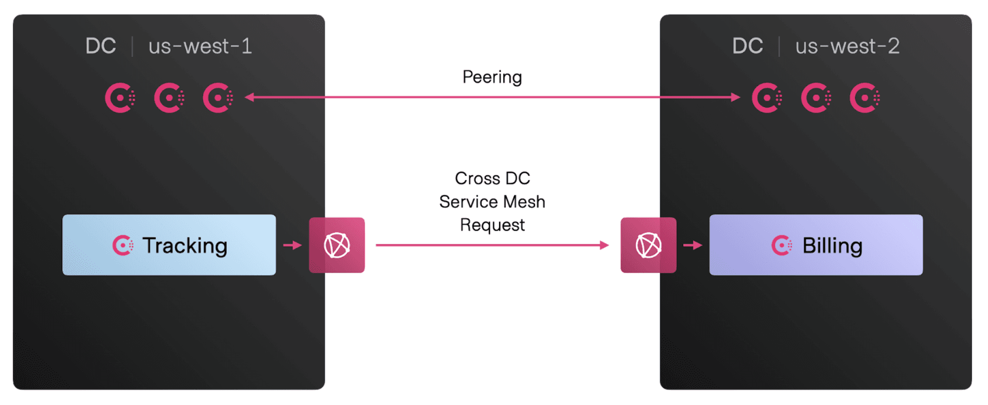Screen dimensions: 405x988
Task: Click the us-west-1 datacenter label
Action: [200, 47]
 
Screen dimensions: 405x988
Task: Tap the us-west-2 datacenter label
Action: [847, 47]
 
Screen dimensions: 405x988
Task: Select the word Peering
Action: [492, 77]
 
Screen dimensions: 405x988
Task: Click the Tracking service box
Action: [169, 245]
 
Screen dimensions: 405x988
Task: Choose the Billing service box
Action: [816, 245]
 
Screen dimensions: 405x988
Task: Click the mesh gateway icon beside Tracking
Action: [337, 245]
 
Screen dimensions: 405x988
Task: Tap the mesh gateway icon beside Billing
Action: [648, 245]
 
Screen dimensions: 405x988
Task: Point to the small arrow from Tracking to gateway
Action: [292, 245]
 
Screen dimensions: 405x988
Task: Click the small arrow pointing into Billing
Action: [693, 245]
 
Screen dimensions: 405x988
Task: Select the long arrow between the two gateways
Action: [492, 245]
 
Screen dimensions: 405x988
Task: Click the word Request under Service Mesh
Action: [492, 225]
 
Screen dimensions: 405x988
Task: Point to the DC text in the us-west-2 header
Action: [747, 46]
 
